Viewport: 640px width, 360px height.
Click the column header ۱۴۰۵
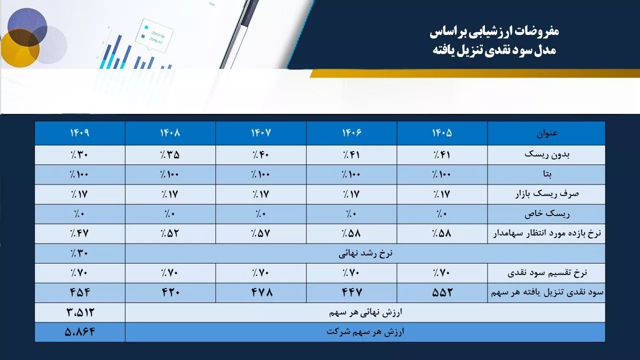pyautogui.click(x=442, y=133)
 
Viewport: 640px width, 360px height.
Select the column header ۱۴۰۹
pyautogui.click(x=79, y=133)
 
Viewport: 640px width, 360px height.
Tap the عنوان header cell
pyautogui.click(x=546, y=133)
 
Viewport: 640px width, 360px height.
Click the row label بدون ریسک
pyautogui.click(x=546, y=154)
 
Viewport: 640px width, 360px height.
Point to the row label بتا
pyautogui.click(x=547, y=174)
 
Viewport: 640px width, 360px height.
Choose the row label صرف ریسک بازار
pyautogui.click(x=547, y=194)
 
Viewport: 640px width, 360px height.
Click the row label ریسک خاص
pyautogui.click(x=547, y=213)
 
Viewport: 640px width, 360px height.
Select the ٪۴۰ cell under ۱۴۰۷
pyautogui.click(x=261, y=154)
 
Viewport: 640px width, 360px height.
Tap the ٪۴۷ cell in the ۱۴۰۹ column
pyautogui.click(x=79, y=233)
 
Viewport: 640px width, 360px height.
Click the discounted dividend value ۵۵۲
pyautogui.click(x=442, y=292)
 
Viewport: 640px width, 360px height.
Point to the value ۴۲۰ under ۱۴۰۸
pyautogui.click(x=170, y=292)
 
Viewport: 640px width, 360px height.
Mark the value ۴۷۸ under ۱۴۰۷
pyautogui.click(x=261, y=292)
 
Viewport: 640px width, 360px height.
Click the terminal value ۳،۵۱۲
pyautogui.click(x=80, y=312)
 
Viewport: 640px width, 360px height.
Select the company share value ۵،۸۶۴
pyautogui.click(x=79, y=332)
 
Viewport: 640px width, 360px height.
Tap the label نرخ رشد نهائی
pyautogui.click(x=365, y=253)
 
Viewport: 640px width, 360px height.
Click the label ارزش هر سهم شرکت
pyautogui.click(x=365, y=332)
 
